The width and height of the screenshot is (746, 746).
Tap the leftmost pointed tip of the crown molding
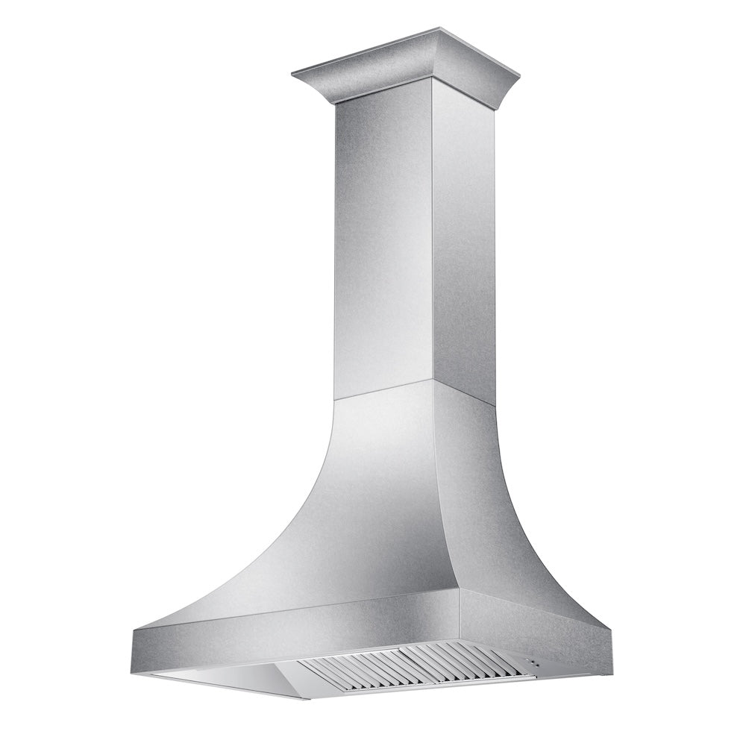click(292, 72)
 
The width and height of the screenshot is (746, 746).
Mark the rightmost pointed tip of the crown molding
click(518, 72)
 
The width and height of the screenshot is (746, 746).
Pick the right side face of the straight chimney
click(463, 246)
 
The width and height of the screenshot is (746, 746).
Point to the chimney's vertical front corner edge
click(432, 239)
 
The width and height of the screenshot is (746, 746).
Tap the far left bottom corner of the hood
click(135, 656)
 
